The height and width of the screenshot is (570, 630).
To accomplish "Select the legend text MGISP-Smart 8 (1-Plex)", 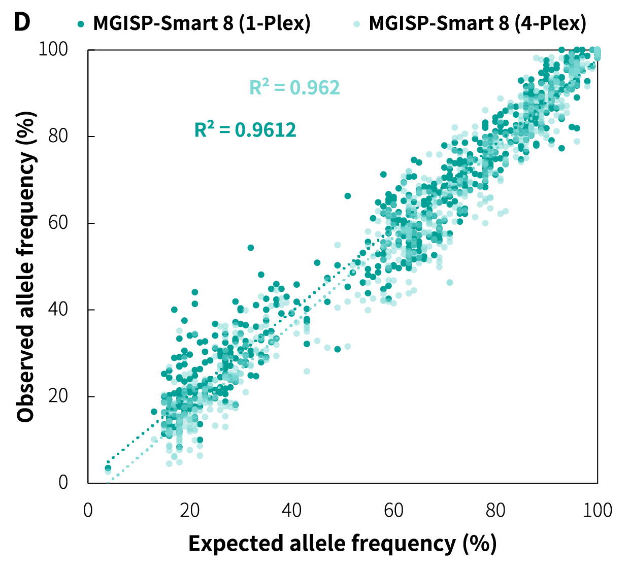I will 202,23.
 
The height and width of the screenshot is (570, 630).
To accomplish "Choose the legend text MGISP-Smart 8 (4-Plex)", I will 477,23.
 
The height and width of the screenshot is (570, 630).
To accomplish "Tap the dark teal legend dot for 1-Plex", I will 80,23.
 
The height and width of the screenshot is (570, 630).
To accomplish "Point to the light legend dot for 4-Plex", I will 357,23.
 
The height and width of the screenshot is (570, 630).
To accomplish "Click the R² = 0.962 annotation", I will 294,88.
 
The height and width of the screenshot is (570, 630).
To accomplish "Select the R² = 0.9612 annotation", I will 245,130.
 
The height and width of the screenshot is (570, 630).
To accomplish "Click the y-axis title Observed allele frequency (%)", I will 26,266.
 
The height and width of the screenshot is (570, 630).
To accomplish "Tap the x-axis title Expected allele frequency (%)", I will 342,544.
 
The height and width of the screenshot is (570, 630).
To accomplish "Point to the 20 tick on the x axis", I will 190,510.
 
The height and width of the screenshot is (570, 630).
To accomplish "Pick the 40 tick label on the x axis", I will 291,510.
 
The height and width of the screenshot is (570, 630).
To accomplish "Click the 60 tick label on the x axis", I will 393,510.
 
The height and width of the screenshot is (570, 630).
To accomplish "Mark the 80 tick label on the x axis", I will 495,510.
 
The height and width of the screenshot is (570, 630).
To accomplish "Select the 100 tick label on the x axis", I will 598,510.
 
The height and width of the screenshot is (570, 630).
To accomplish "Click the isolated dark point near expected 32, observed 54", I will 251,248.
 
